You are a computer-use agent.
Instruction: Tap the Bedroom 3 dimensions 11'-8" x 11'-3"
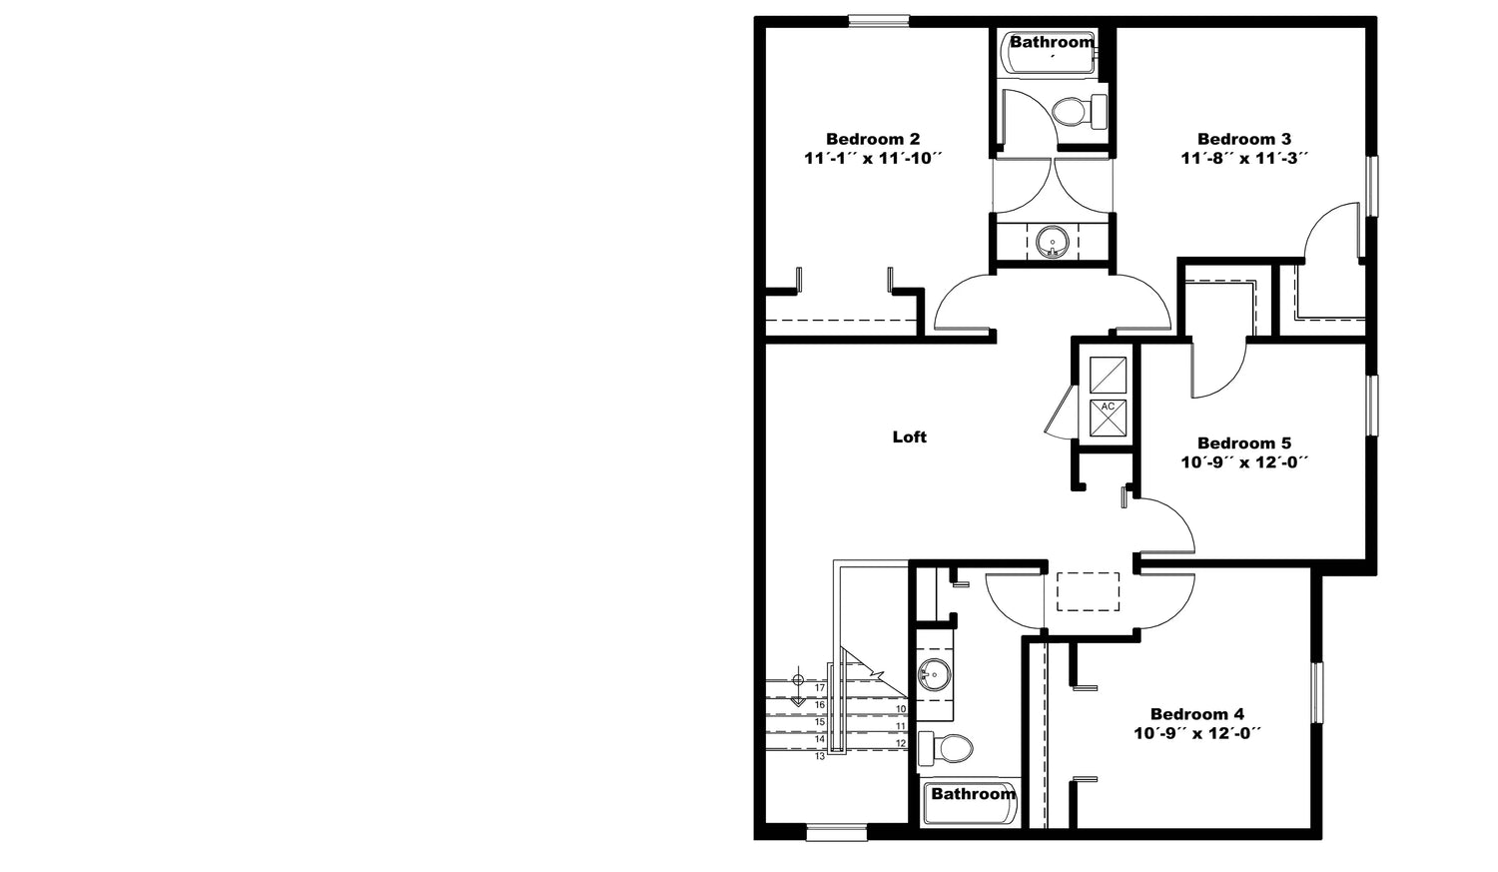click(x=1244, y=159)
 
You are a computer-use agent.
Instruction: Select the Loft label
click(x=910, y=436)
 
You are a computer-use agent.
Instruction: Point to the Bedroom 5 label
click(x=1244, y=442)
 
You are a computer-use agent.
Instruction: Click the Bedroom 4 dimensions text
click(x=1197, y=733)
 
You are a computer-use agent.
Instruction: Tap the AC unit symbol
click(x=1108, y=418)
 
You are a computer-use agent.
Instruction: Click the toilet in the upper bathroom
click(x=1079, y=112)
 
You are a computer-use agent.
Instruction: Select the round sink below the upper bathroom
click(x=1052, y=242)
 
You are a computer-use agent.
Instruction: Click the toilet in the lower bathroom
click(x=945, y=748)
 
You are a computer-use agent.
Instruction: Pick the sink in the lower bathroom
click(x=934, y=674)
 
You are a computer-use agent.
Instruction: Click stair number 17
click(x=820, y=687)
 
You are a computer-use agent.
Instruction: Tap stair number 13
click(x=820, y=756)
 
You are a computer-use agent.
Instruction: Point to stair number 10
click(x=901, y=709)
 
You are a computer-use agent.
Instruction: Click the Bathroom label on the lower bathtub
click(x=973, y=794)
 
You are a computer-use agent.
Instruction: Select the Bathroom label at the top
click(x=1052, y=42)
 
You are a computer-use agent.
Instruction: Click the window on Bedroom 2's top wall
click(x=879, y=21)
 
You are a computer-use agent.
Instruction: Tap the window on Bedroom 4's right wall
click(x=1317, y=692)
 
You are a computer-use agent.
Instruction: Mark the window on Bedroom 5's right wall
click(x=1371, y=406)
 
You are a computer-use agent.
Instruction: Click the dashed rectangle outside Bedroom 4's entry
click(x=1089, y=591)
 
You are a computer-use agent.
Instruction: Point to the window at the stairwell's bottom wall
click(x=837, y=833)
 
